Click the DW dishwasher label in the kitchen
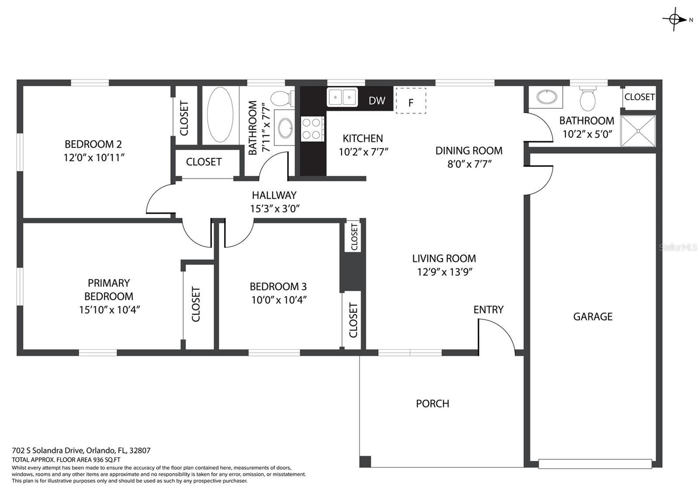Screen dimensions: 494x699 [x=377, y=101]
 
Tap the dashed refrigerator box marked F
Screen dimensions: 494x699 [x=411, y=101]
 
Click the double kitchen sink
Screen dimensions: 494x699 [x=343, y=97]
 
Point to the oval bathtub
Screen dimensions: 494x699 [x=220, y=115]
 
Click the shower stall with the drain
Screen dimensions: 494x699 [x=638, y=131]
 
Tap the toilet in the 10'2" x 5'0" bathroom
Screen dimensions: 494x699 [x=588, y=99]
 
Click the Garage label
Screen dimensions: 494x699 [x=592, y=317]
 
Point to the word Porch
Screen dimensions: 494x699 [x=432, y=404]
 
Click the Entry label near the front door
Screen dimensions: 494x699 [x=488, y=310]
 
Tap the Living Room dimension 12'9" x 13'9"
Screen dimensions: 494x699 [x=445, y=272]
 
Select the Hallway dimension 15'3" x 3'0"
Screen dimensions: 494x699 [x=274, y=209]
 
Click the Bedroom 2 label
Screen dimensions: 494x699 [x=93, y=144]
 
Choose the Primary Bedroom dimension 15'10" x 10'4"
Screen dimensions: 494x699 [x=109, y=310]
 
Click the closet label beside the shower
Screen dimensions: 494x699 [x=639, y=97]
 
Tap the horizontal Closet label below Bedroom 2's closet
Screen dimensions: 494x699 [x=204, y=162]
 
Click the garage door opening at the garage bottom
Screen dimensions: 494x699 [x=595, y=463]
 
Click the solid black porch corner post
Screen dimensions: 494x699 [x=365, y=462]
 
